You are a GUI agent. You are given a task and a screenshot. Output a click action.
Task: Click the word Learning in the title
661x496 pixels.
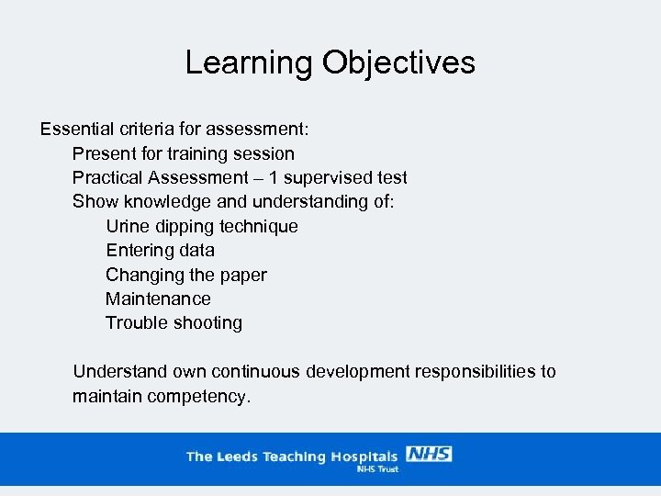[x=249, y=62]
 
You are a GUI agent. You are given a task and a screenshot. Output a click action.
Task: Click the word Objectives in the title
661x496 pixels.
[x=398, y=62]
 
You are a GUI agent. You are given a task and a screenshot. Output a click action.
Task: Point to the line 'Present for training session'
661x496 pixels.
[x=184, y=153]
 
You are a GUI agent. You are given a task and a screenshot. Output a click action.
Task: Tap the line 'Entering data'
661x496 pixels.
[x=160, y=250]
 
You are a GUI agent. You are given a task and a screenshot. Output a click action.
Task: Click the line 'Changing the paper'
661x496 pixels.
[x=186, y=275]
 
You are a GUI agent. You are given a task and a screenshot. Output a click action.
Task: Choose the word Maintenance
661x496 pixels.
[x=158, y=299]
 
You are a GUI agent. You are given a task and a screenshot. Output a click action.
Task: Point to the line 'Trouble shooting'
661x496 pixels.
[x=174, y=322]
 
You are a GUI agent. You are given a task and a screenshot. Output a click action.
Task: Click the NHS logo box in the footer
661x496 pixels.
[x=428, y=454]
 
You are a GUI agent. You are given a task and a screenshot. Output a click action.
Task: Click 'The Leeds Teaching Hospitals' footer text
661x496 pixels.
[x=292, y=457]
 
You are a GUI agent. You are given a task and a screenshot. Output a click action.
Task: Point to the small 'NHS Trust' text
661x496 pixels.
[x=376, y=468]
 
